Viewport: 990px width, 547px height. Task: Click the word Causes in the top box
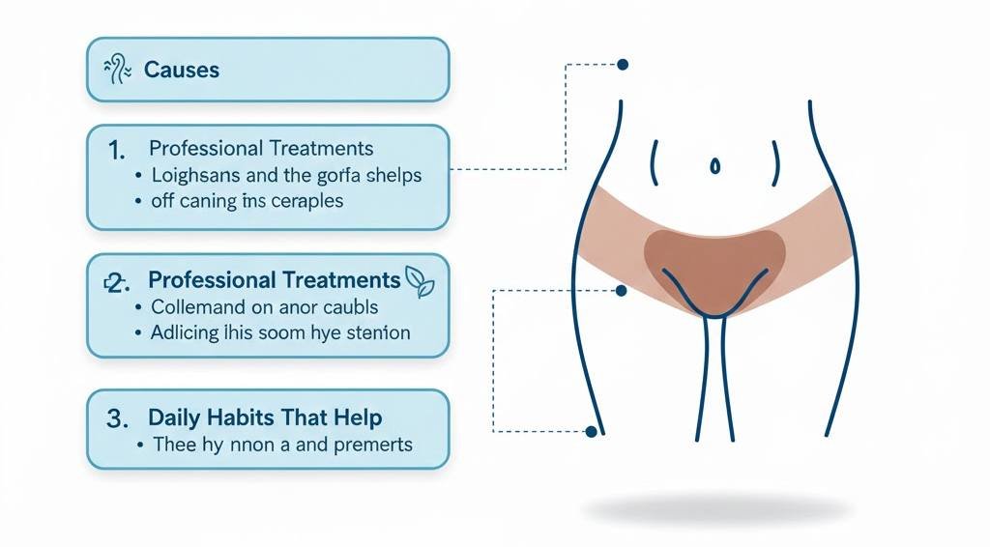tap(181, 70)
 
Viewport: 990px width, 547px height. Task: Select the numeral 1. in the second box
tap(116, 150)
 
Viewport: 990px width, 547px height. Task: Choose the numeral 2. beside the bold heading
tap(115, 282)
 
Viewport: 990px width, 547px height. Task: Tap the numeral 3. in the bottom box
tap(116, 419)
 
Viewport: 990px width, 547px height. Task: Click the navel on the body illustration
tap(714, 165)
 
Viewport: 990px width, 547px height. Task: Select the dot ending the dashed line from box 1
tap(623, 65)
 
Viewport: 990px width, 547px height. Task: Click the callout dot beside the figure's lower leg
tap(590, 431)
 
